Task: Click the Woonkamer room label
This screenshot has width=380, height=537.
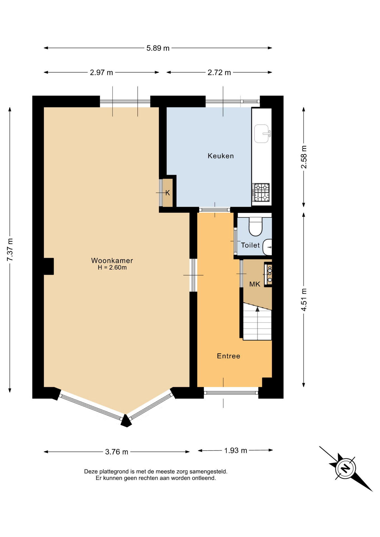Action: tap(112, 260)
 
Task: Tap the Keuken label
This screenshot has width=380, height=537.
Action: tap(221, 156)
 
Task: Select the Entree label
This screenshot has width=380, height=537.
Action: tap(228, 356)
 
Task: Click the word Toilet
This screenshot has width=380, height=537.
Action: tap(250, 245)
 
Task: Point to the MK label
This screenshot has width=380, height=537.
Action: tap(255, 284)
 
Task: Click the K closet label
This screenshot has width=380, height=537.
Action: tap(168, 193)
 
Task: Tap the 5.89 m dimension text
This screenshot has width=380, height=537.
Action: tap(158, 48)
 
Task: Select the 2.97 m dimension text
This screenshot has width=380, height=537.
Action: tap(101, 72)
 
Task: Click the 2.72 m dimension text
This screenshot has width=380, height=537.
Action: tap(219, 72)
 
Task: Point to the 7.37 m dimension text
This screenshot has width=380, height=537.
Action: tap(10, 249)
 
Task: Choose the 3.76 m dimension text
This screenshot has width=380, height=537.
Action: tap(116, 452)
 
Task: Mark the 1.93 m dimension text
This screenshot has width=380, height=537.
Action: tap(236, 450)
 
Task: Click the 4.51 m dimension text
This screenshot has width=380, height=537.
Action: tap(304, 300)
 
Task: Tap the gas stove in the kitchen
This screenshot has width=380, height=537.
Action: tap(261, 192)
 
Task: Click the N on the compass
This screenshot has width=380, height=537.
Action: tap(346, 468)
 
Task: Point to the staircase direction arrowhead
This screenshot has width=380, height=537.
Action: tap(257, 309)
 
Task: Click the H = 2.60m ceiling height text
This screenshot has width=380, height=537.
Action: tap(112, 268)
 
